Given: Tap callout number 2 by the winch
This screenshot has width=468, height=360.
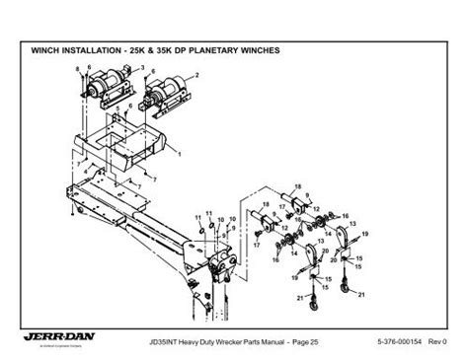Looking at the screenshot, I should coord(198,76).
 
